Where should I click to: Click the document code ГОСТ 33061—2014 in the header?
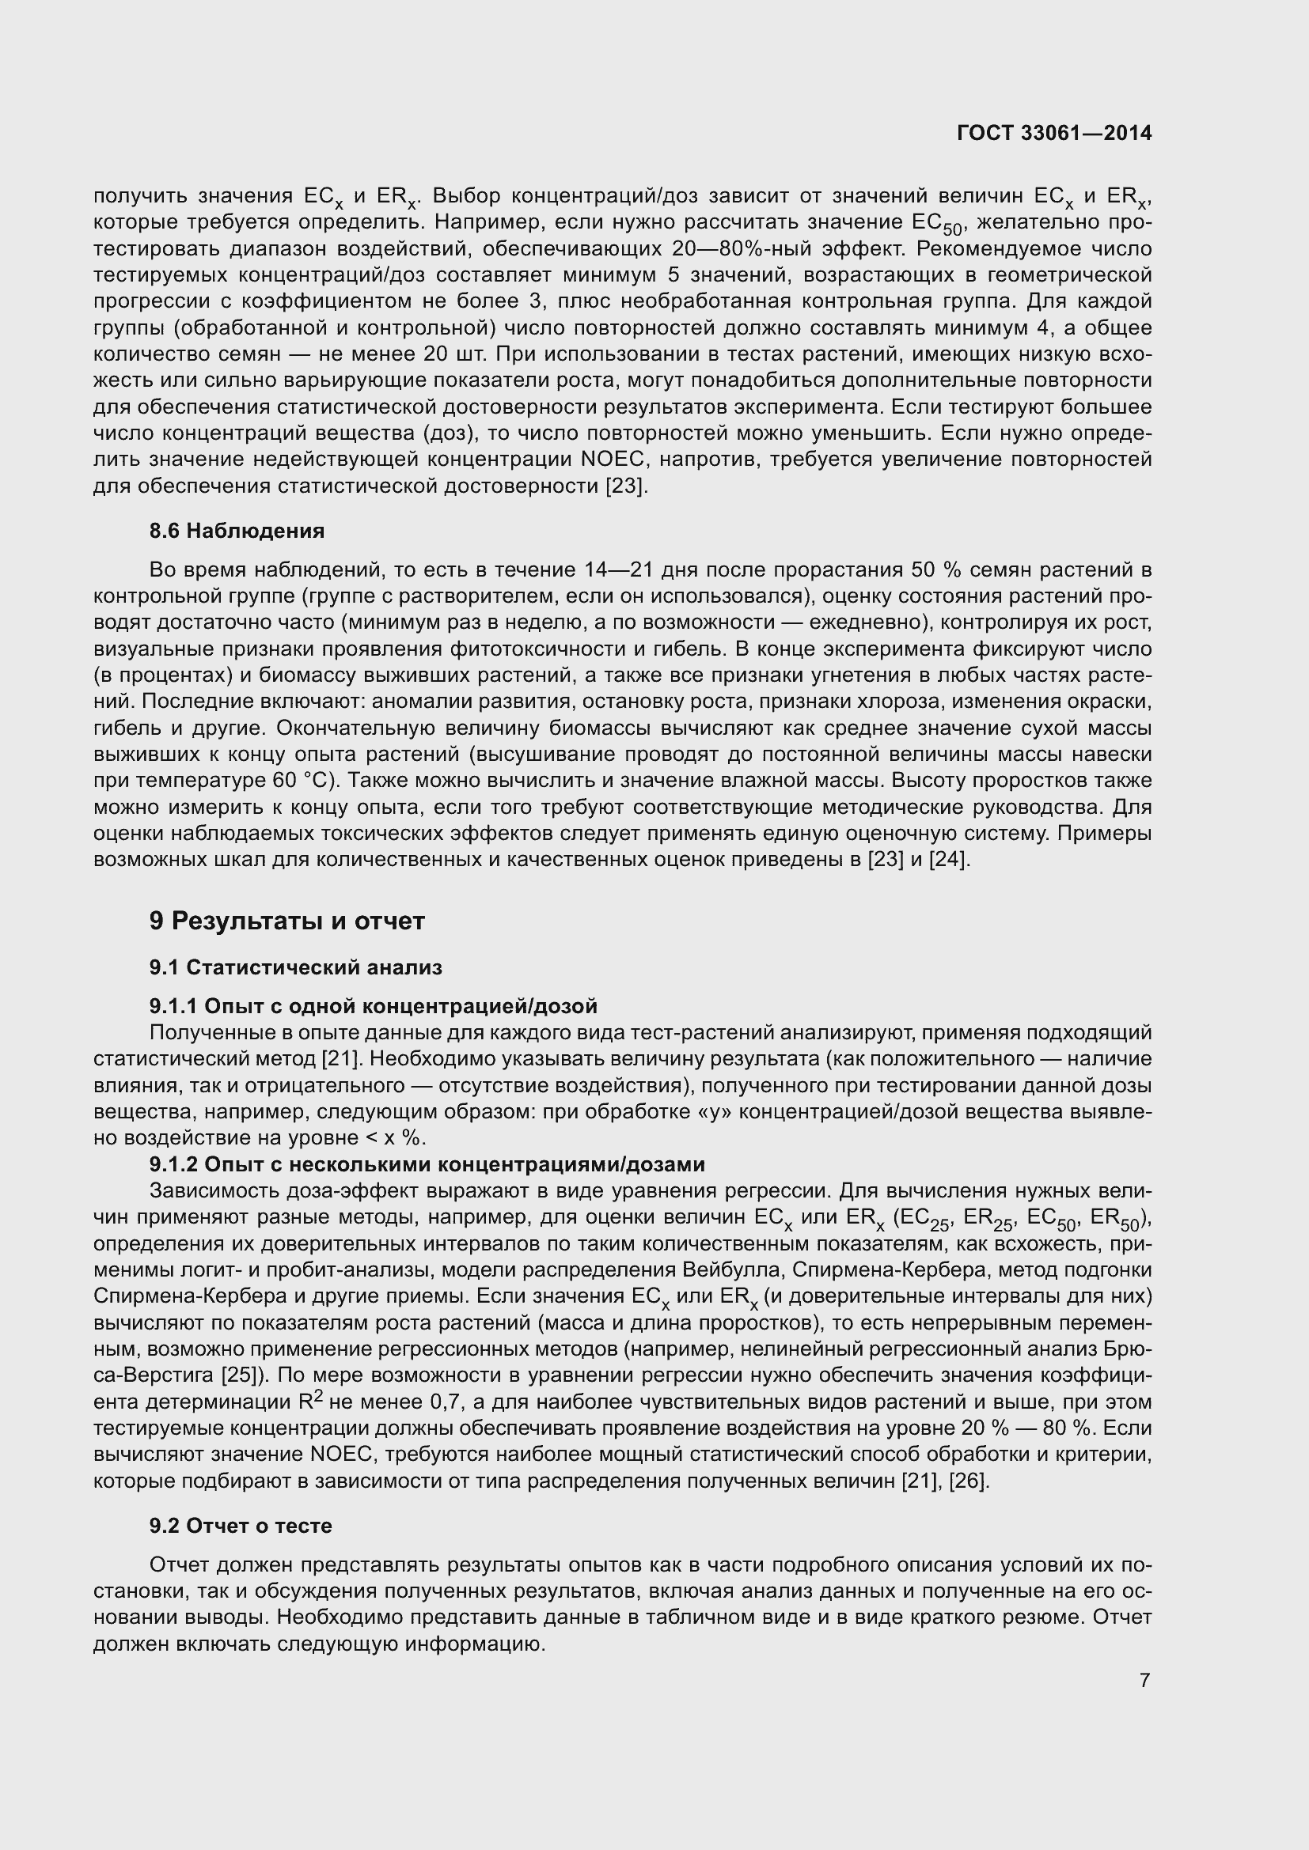point(1053,134)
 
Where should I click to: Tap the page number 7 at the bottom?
point(1144,1680)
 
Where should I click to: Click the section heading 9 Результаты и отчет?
point(286,921)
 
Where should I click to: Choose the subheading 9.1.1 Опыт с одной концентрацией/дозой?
point(374,1006)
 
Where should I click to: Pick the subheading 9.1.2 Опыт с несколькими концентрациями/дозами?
point(427,1164)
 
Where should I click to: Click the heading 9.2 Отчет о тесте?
point(241,1526)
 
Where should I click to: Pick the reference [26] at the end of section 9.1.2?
point(969,1481)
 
